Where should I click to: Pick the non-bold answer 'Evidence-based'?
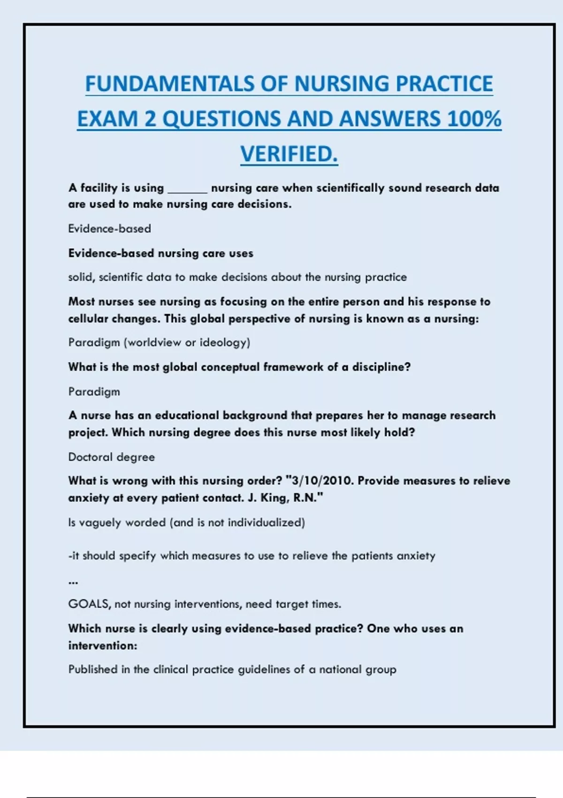coord(110,229)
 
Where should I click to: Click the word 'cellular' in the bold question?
coord(88,319)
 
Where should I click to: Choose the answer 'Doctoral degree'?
coord(111,457)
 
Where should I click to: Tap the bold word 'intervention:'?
coord(103,646)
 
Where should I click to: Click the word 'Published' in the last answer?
coord(93,669)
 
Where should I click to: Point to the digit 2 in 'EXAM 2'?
coord(150,119)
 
